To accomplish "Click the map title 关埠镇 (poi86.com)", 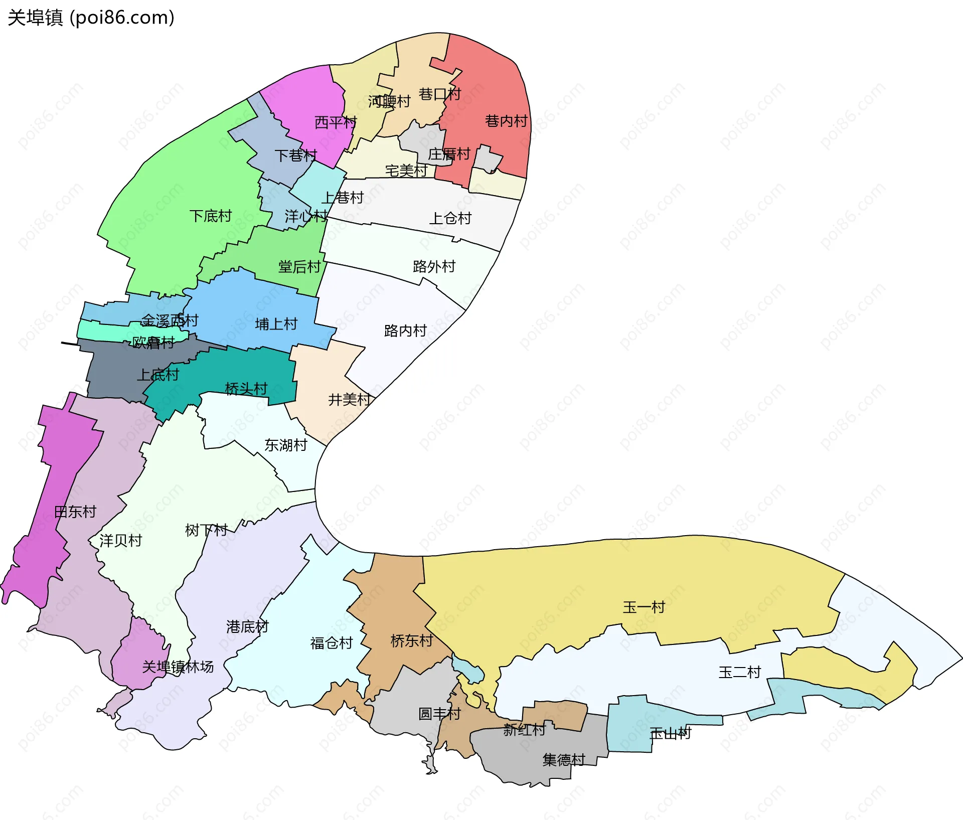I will click(91, 18).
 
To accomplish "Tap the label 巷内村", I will click(506, 121).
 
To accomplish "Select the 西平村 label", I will click(335, 122).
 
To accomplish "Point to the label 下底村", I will click(210, 216).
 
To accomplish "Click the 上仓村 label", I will click(450, 218).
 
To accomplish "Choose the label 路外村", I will click(434, 266).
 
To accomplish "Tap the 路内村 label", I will click(405, 331).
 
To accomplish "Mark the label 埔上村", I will click(276, 324).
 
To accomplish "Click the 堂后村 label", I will click(299, 267).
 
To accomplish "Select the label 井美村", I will click(349, 400).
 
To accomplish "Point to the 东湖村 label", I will click(285, 445).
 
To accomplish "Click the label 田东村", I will click(75, 512).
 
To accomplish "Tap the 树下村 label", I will click(206, 530).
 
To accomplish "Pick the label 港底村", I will click(247, 626).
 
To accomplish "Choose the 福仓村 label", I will click(332, 643).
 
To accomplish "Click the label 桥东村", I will click(411, 640).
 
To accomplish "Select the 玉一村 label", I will click(644, 607).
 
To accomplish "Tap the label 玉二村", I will click(739, 672).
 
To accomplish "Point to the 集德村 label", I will click(564, 760).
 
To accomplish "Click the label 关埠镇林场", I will click(178, 667).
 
